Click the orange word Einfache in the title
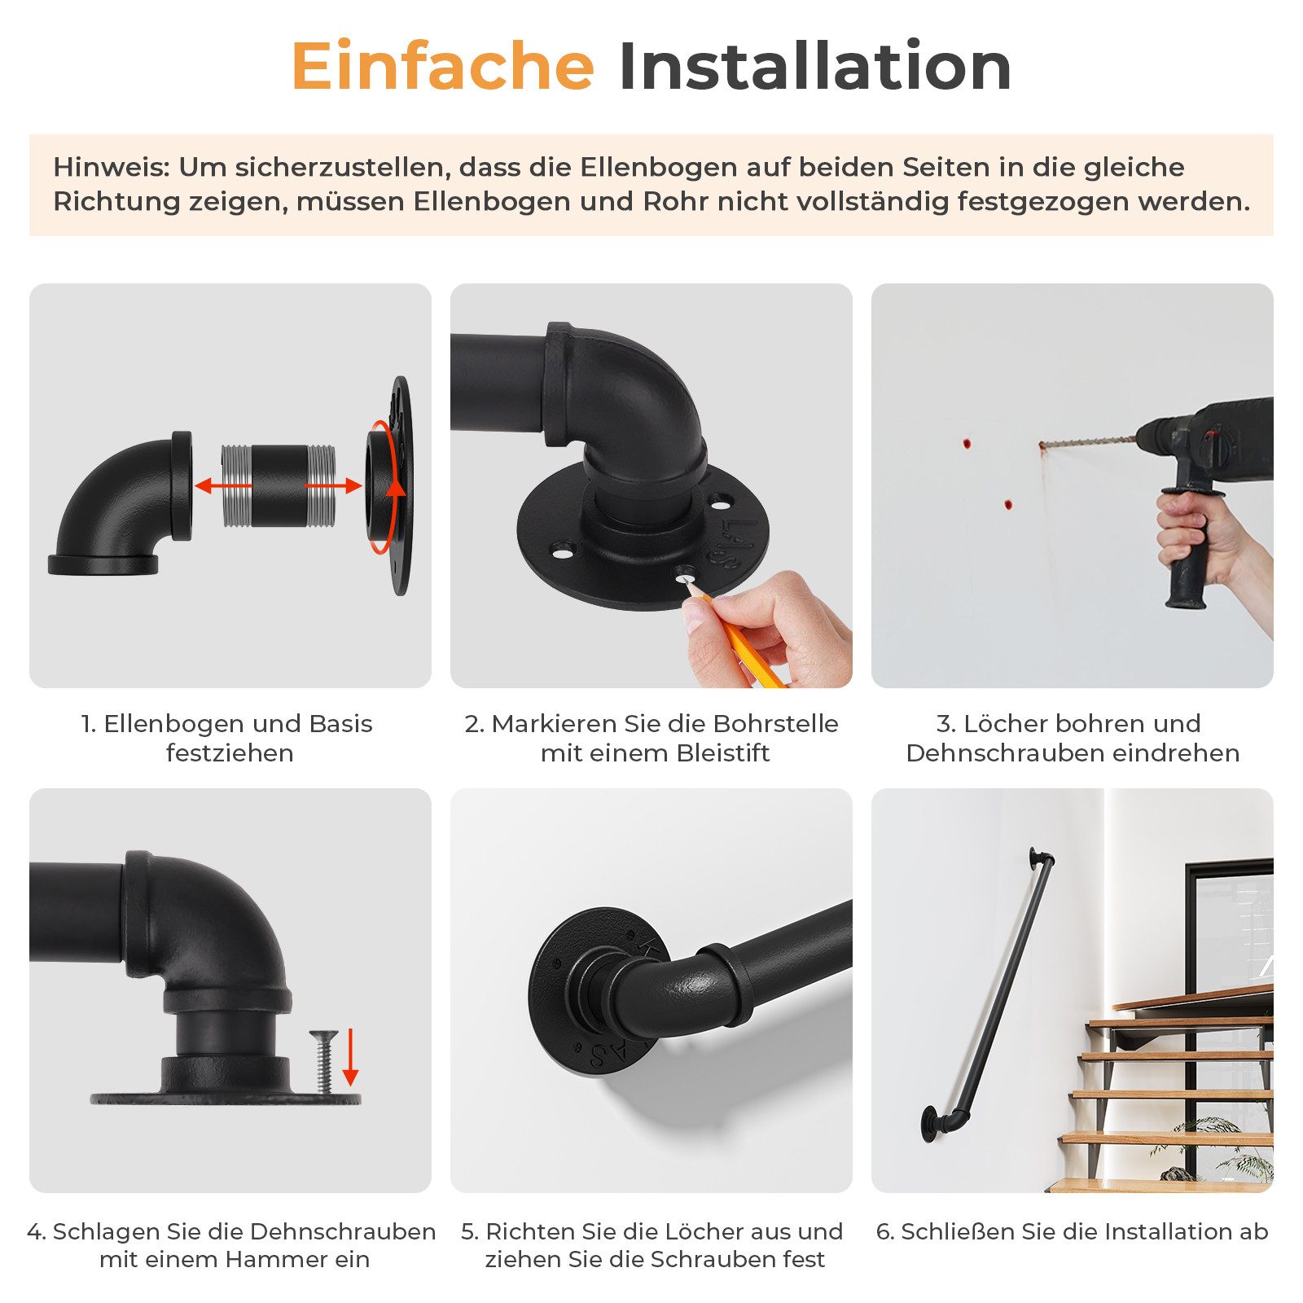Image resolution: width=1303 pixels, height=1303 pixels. tap(443, 66)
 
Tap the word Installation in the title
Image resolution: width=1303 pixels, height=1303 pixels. tap(815, 66)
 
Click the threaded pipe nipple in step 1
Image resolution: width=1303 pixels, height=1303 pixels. tap(279, 485)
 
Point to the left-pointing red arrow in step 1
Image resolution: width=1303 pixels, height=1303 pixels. tap(223, 486)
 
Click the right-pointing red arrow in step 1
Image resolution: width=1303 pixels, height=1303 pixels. tap(333, 486)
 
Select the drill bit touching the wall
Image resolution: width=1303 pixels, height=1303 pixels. tap(1088, 442)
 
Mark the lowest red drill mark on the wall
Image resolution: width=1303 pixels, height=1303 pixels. tap(1007, 504)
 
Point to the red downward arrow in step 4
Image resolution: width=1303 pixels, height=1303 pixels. tap(351, 1057)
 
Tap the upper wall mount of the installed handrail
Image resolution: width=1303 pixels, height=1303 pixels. tap(1040, 858)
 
